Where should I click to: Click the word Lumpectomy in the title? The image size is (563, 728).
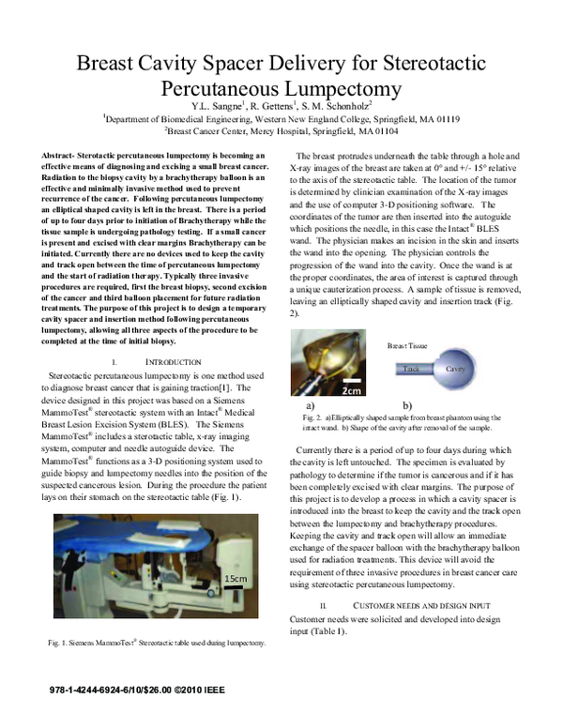pos(335,89)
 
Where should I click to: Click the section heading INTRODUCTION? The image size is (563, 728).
pos(175,361)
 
